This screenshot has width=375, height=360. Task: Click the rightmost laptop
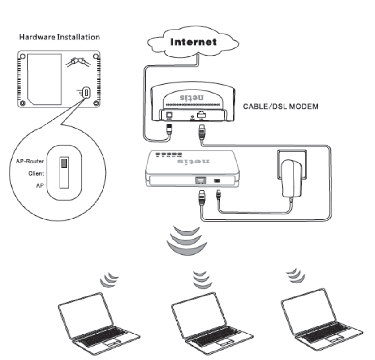tap(321, 322)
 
